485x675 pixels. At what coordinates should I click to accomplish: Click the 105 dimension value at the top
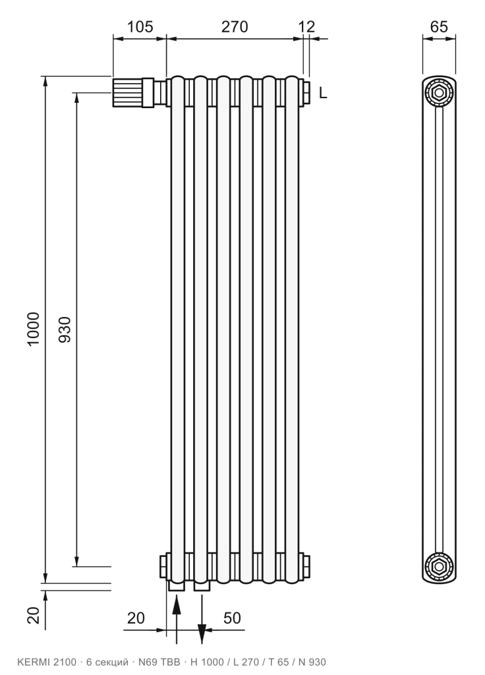pos(140,26)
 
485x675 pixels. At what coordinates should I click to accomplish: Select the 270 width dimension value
pos(235,26)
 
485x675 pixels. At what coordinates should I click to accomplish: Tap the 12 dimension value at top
pos(307,26)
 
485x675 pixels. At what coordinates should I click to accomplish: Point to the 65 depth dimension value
pos(439,26)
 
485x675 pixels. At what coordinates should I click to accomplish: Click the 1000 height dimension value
pos(34,328)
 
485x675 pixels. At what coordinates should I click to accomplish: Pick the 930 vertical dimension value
pos(64,330)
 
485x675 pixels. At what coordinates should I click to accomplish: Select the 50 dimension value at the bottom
pos(232,618)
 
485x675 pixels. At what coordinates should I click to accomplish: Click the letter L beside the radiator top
pos(323,92)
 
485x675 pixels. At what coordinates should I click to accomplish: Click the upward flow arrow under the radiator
pos(177,619)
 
